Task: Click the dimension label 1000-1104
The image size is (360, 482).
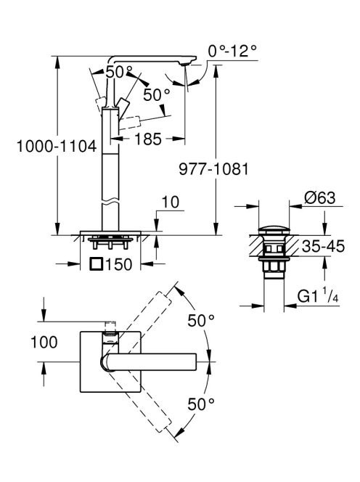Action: click(57, 146)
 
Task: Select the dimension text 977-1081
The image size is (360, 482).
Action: click(213, 168)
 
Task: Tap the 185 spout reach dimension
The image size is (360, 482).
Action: click(148, 139)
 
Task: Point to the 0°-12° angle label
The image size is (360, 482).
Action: click(232, 51)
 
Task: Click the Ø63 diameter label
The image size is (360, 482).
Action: click(319, 197)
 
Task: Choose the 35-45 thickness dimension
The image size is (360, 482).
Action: click(323, 246)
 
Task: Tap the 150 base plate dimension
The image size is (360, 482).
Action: click(118, 264)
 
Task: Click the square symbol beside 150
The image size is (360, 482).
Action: click(96, 264)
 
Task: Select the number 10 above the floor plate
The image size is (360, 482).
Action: click(170, 203)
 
